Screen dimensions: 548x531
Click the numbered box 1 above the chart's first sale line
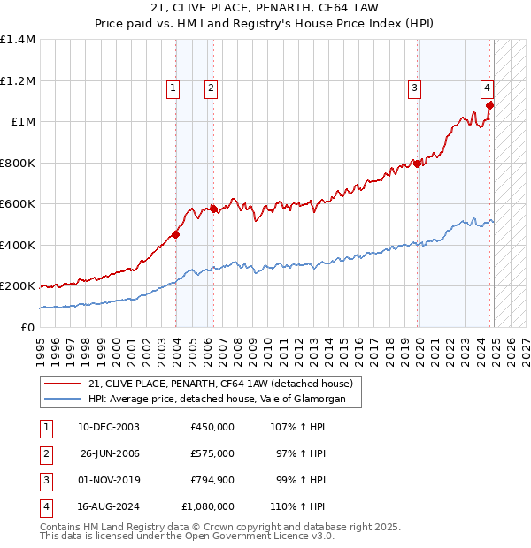coord(172,88)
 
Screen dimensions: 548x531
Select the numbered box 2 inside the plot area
coord(212,88)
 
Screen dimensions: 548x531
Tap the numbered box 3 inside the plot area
coord(414,88)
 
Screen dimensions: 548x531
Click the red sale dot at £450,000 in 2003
coord(176,234)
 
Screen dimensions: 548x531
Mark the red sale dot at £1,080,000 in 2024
coord(489,105)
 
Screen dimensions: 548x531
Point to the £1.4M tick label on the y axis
coord(18,40)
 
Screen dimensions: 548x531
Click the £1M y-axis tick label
coord(23,122)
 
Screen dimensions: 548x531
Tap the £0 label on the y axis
coord(27,327)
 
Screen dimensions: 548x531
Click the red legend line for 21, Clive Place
coord(62,384)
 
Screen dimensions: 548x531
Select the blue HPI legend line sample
coord(62,400)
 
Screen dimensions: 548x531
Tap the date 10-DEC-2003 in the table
coord(109,427)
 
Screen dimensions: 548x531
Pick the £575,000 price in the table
coord(212,453)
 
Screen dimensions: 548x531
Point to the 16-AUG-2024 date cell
coord(109,506)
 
